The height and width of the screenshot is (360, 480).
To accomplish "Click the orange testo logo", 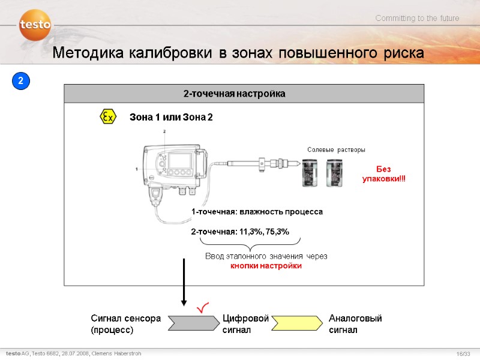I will (x=34, y=25).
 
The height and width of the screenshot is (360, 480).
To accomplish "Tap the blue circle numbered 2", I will (x=20, y=80).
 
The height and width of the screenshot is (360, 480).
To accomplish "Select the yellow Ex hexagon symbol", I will (x=108, y=117).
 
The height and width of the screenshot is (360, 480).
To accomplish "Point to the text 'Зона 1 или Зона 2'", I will (x=171, y=117).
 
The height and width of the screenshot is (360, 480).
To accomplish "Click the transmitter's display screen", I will (x=180, y=161).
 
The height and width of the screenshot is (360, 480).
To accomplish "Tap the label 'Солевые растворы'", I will (x=336, y=149).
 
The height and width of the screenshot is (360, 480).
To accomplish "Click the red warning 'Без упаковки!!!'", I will (x=383, y=175).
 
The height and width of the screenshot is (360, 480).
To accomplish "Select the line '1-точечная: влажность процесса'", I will (x=257, y=212).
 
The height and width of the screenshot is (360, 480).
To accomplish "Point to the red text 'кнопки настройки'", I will (x=266, y=266).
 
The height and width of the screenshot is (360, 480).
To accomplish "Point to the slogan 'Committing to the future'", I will (x=417, y=19).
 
